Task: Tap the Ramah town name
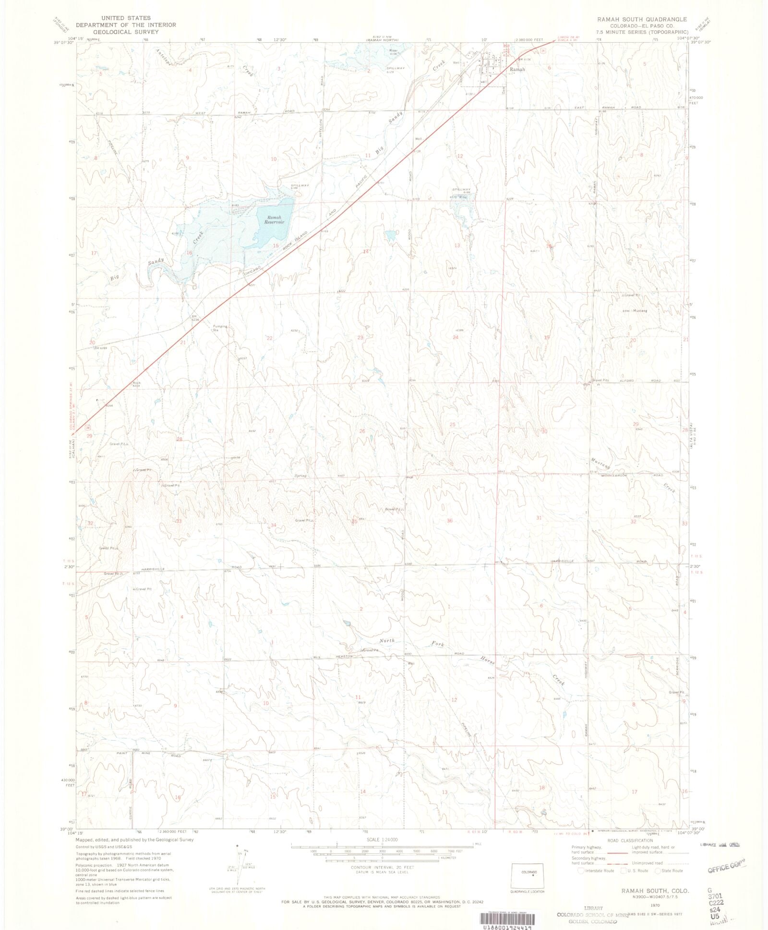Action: tap(517, 70)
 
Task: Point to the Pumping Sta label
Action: tap(220, 329)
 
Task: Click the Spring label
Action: tap(300, 476)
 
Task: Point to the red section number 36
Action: tap(449, 521)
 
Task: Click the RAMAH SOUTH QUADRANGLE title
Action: tap(642, 19)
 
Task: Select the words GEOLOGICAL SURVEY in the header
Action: tap(126, 32)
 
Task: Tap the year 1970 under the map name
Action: tap(656, 905)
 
